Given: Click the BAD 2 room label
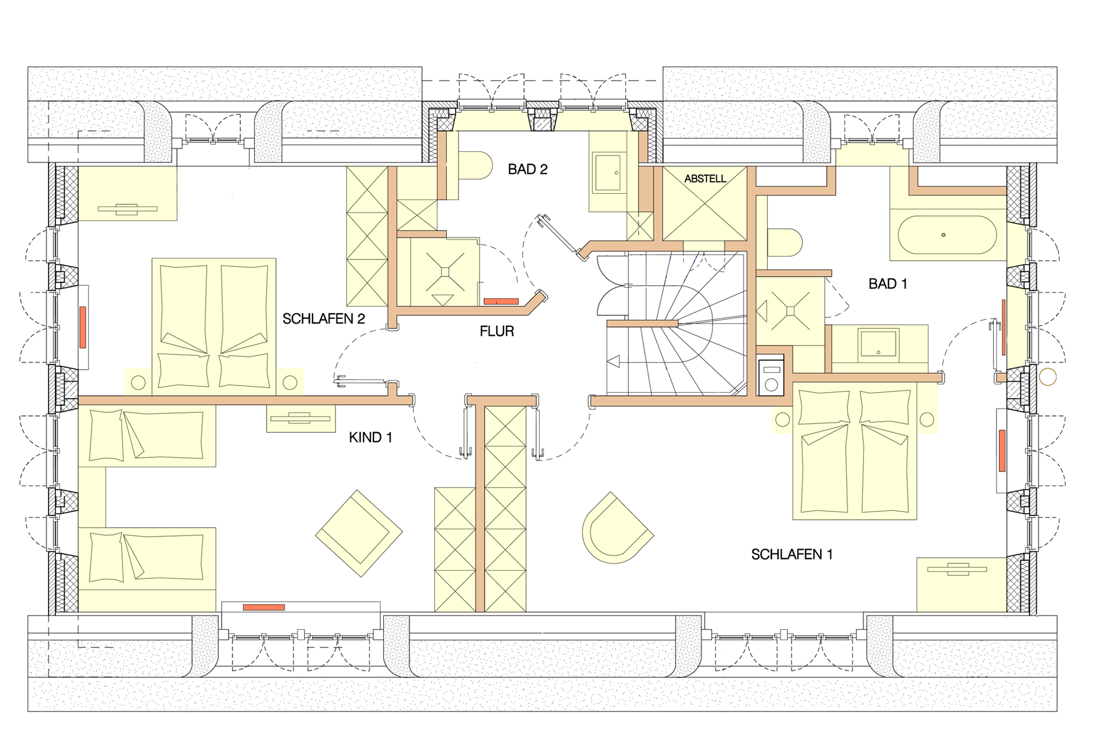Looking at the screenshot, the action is point(528,169).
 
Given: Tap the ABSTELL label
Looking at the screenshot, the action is point(705,179).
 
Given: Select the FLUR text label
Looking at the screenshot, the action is point(497,331).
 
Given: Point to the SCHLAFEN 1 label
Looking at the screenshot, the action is point(792,555).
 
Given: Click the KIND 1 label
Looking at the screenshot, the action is point(371,438).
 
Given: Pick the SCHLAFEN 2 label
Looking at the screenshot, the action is point(324,319).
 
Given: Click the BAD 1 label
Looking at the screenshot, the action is point(887,284).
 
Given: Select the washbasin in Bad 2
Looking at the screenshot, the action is point(608,173).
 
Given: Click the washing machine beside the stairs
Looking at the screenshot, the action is point(771,376).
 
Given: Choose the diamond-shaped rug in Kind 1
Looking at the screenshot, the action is point(359,533).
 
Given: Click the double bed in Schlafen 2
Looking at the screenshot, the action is point(214,326).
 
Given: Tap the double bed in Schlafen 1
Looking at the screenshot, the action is point(855,451).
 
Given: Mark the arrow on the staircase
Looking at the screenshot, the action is point(614,362).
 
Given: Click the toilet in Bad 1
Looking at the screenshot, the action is point(785,243).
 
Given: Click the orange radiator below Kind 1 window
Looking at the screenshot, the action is point(264,607).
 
